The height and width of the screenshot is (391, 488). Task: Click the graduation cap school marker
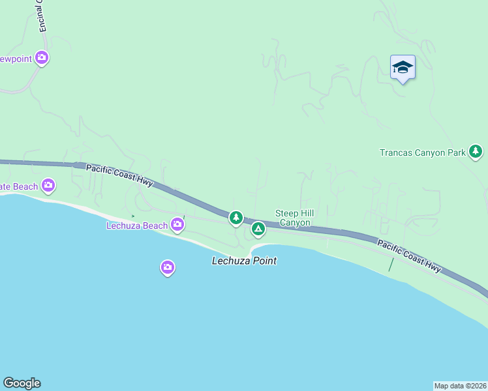pyautogui.click(x=403, y=66)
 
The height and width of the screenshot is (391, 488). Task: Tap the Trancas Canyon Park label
pyautogui.click(x=422, y=153)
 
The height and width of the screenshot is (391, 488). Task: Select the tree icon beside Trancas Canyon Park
pyautogui.click(x=476, y=152)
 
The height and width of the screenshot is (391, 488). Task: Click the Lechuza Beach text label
pyautogui.click(x=137, y=225)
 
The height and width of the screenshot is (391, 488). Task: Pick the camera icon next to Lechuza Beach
pyautogui.click(x=177, y=225)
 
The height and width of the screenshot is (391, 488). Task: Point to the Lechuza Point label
pyautogui.click(x=244, y=261)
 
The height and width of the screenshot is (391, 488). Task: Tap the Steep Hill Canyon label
pyautogui.click(x=292, y=218)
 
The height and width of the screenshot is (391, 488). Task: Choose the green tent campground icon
pyautogui.click(x=258, y=229)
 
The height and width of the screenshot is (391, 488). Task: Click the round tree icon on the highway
pyautogui.click(x=236, y=218)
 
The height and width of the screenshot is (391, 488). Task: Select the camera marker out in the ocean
pyautogui.click(x=168, y=267)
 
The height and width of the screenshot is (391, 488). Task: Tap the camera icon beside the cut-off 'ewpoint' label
pyautogui.click(x=42, y=58)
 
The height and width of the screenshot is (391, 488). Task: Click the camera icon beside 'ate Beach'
pyautogui.click(x=48, y=186)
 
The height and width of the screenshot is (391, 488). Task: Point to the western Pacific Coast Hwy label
pyautogui.click(x=119, y=175)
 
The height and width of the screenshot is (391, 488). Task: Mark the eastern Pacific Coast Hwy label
pyautogui.click(x=409, y=255)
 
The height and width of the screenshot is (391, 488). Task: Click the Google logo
pyautogui.click(x=22, y=383)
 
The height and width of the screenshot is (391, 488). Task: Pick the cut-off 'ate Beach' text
pyautogui.click(x=19, y=187)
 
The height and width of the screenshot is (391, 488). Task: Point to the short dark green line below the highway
pyautogui.click(x=391, y=265)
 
